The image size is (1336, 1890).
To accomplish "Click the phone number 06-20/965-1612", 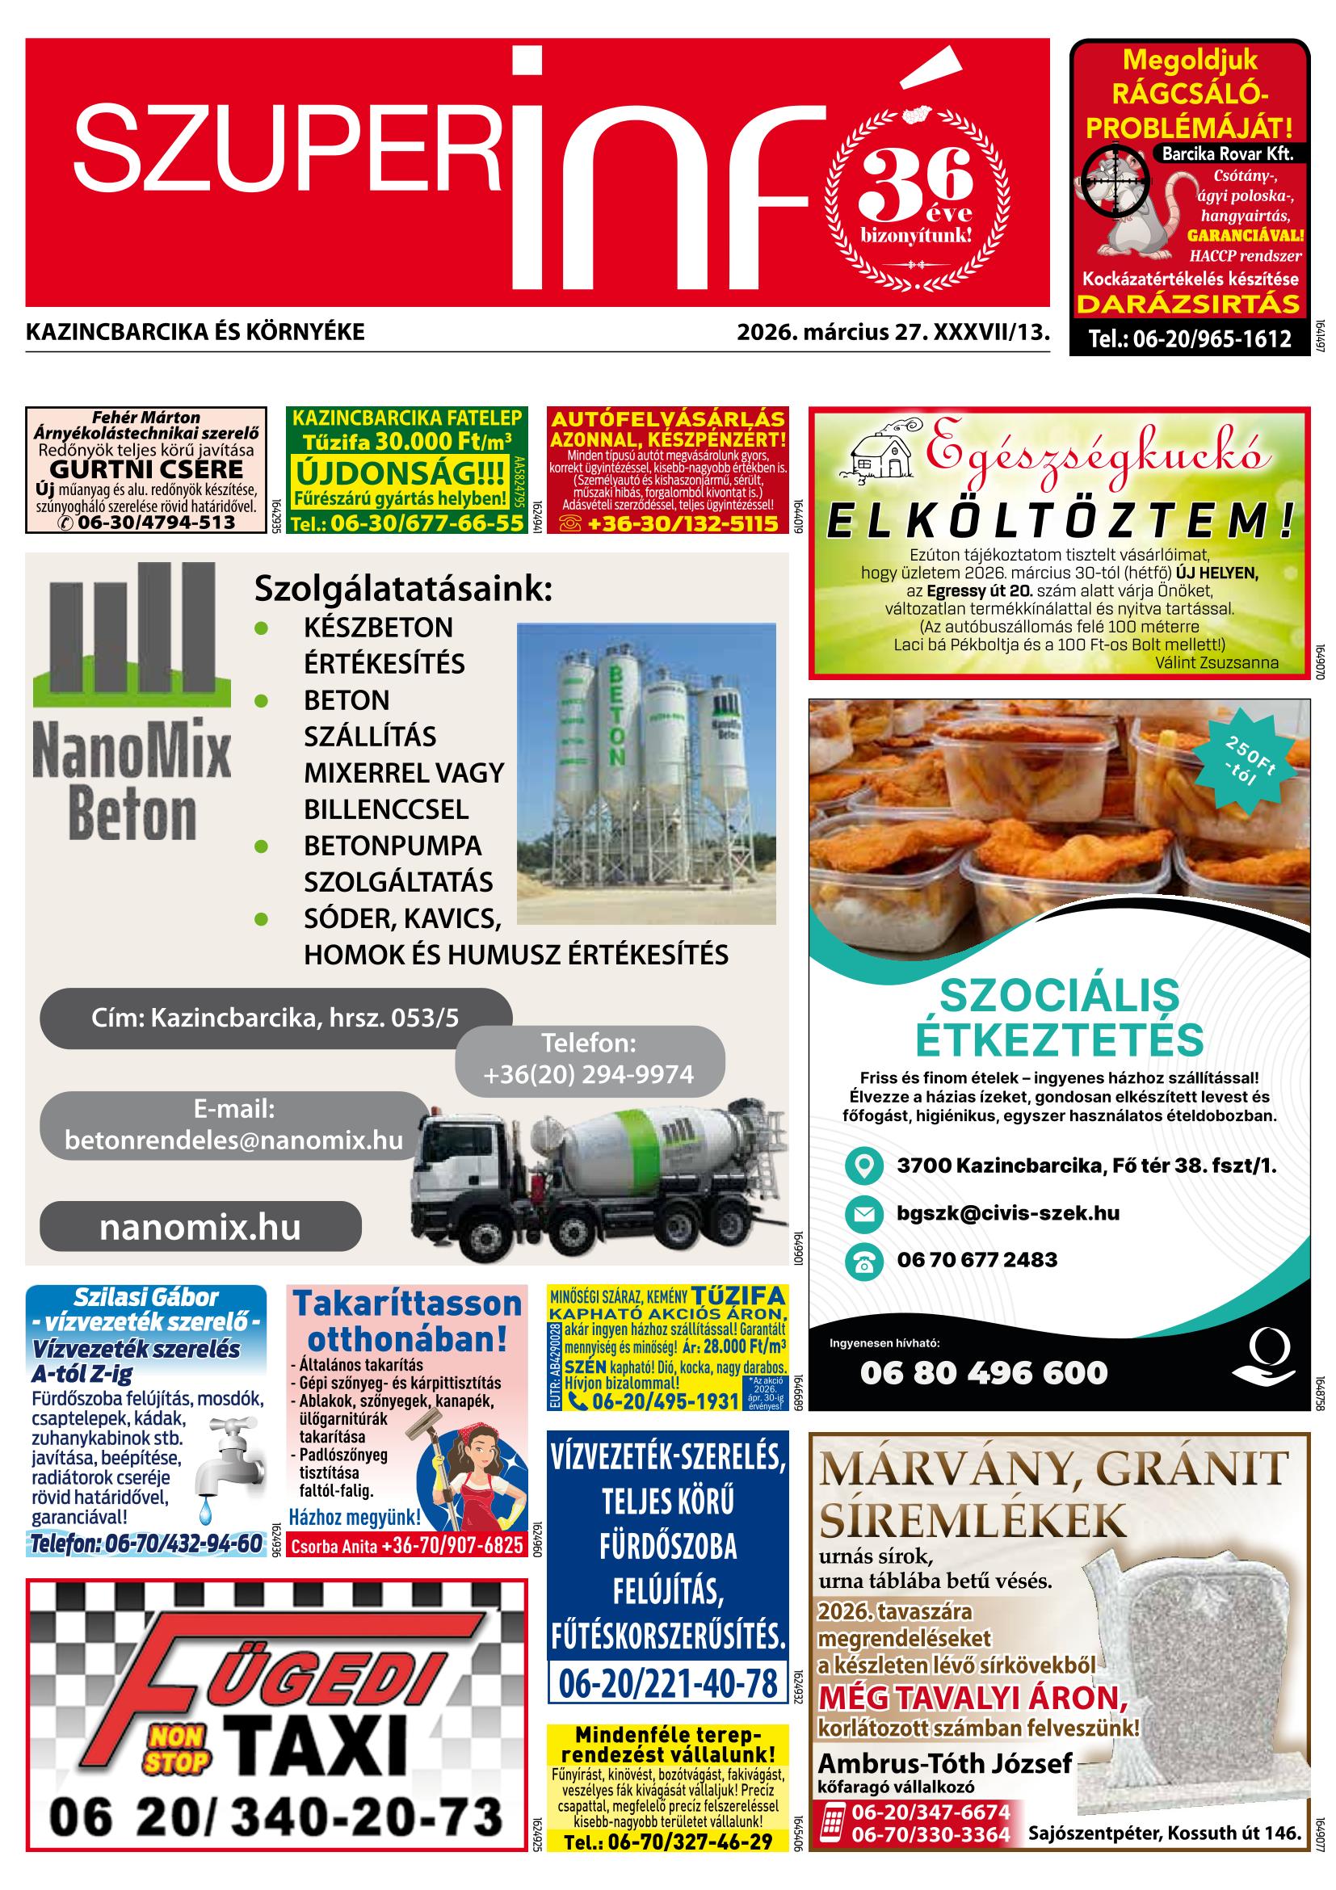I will [1190, 338].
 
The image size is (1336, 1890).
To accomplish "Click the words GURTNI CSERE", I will [146, 470].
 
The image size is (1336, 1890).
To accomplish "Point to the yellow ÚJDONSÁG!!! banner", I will [401, 473].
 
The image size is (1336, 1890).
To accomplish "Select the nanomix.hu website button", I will [200, 1227].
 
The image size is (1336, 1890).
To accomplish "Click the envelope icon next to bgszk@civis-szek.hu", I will [863, 1213].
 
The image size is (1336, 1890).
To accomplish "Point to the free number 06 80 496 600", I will [984, 1372].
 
